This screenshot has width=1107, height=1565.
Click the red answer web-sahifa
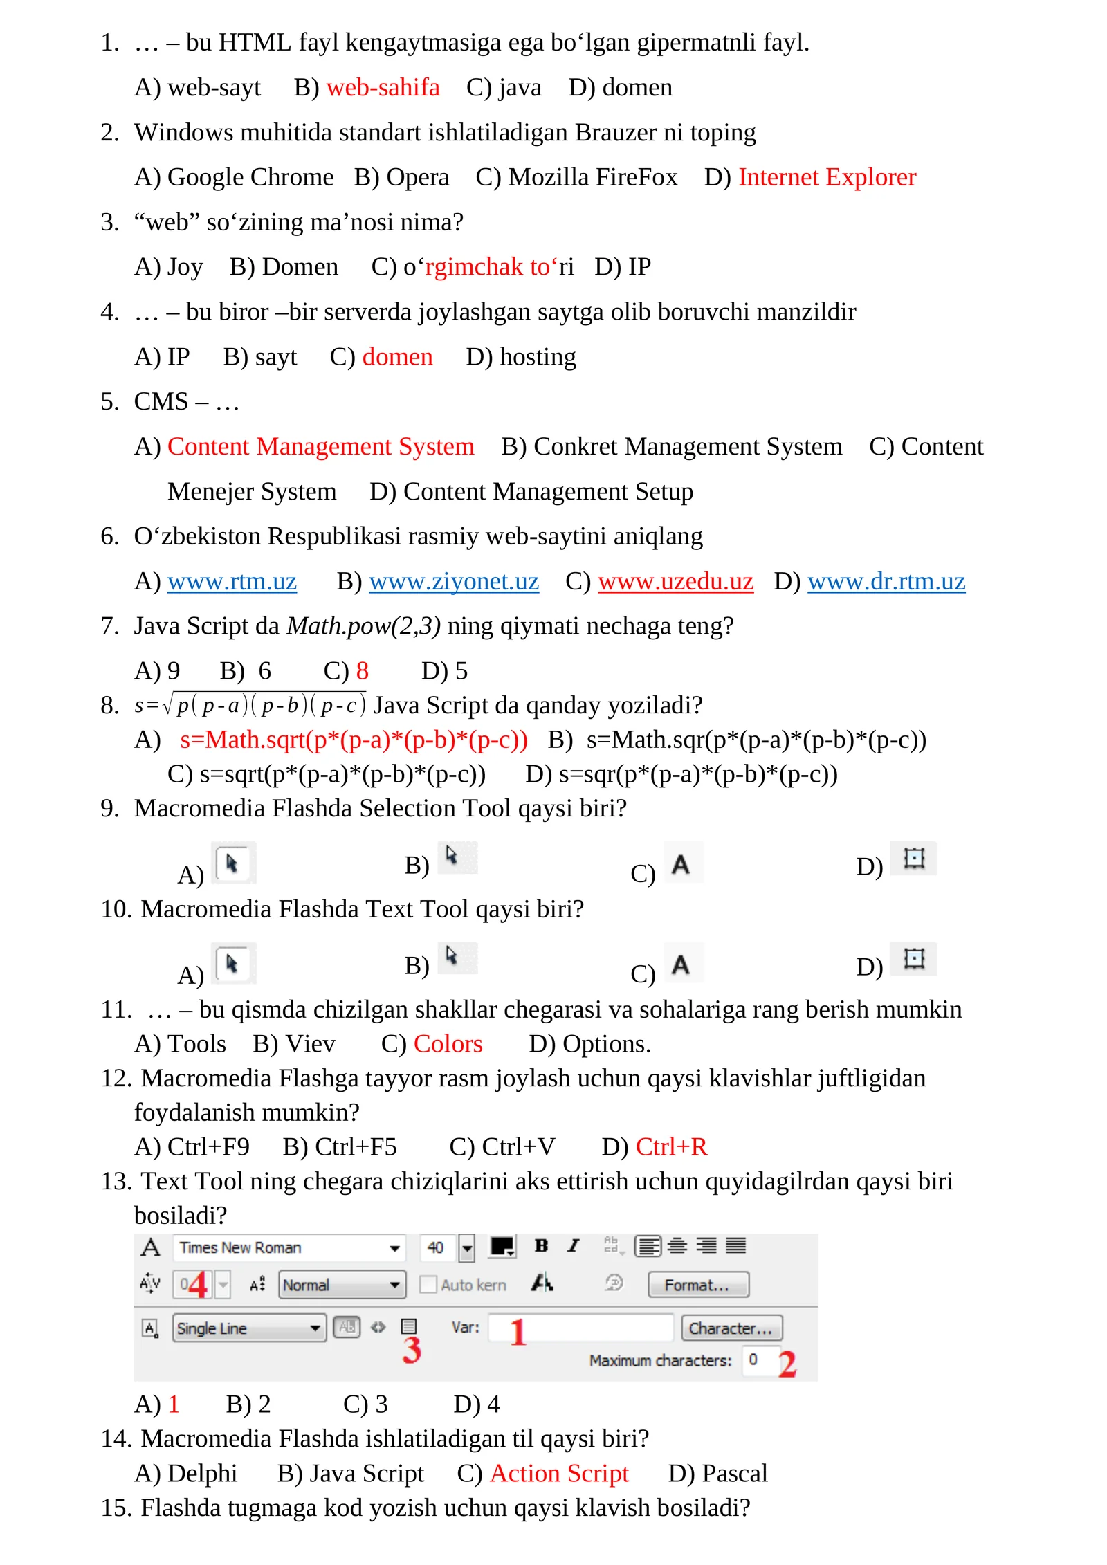point(383,88)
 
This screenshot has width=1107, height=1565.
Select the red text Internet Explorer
point(827,178)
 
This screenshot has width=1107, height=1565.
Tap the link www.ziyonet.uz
point(453,582)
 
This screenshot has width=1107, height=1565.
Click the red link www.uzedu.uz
point(675,582)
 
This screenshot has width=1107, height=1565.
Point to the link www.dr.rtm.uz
point(886,582)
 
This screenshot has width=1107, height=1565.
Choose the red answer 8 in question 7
point(362,671)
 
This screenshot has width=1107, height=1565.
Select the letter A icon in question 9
point(681,864)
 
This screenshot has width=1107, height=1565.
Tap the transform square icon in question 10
point(913,959)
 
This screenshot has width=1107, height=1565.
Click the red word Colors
point(448,1044)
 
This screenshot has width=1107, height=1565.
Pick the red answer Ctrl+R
point(671,1147)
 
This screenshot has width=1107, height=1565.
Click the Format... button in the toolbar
point(697,1285)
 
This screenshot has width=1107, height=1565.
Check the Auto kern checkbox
point(428,1285)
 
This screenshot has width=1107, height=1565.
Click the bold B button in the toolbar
point(541,1246)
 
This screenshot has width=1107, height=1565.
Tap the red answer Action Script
point(559,1474)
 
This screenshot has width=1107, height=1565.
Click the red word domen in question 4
point(397,357)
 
